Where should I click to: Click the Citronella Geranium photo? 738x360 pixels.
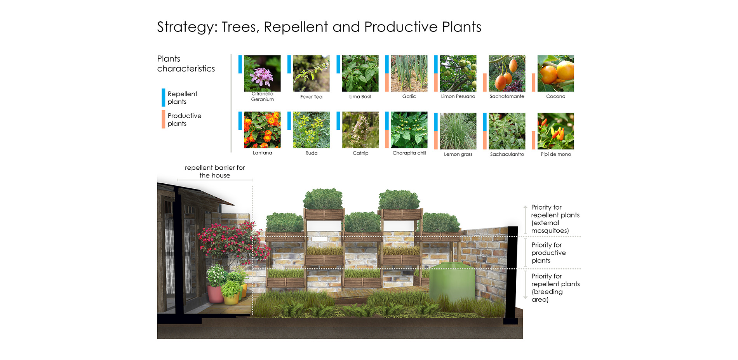262,73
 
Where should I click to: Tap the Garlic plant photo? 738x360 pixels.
409,73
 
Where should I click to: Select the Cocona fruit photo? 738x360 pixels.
555,73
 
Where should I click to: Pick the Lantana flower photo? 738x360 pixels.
262,130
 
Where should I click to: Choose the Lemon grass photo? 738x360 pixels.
458,131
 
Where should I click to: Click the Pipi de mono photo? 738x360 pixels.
555,131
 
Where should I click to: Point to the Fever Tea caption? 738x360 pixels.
311,97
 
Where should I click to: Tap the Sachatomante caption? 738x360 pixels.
507,96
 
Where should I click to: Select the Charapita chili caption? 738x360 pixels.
409,153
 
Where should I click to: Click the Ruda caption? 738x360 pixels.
311,153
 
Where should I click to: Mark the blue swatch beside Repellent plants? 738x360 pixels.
164,97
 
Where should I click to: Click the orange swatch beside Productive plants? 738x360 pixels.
164,119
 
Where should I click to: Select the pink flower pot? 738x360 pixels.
215,294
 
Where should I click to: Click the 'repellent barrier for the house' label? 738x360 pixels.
215,171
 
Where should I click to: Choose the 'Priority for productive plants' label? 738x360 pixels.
548,253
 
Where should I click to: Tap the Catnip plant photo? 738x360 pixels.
360,130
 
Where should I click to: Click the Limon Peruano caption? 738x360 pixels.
458,96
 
